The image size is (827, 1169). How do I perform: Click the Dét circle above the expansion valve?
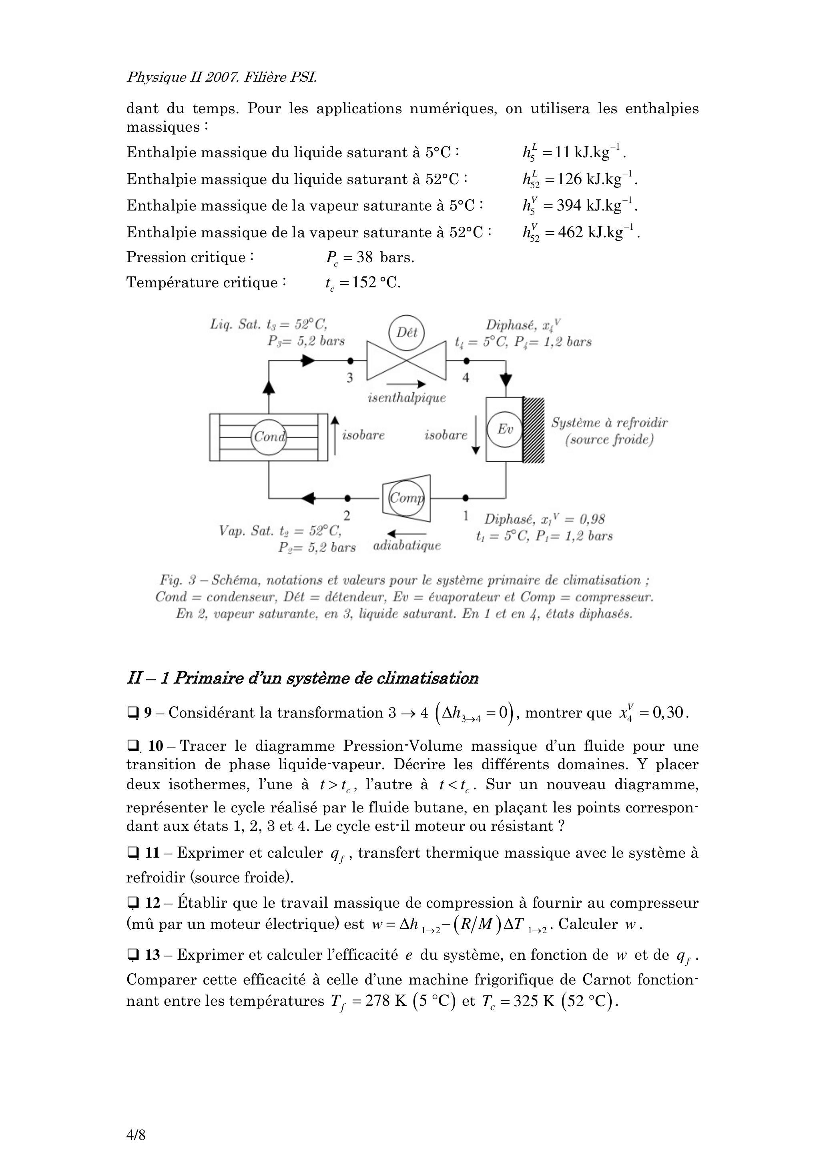pos(406,333)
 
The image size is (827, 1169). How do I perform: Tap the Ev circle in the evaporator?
pos(505,429)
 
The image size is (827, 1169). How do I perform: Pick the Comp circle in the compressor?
pos(406,498)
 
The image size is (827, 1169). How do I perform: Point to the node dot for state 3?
pos(350,361)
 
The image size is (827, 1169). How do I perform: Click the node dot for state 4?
pos(466,361)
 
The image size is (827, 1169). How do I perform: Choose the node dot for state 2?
pos(347,497)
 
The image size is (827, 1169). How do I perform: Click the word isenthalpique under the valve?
pos(406,398)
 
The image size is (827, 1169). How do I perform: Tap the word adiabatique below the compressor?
pos(407,546)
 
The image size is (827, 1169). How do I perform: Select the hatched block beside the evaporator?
pos(534,429)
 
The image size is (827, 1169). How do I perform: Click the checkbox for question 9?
pos(133,713)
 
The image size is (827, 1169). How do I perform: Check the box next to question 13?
pos(133,956)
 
